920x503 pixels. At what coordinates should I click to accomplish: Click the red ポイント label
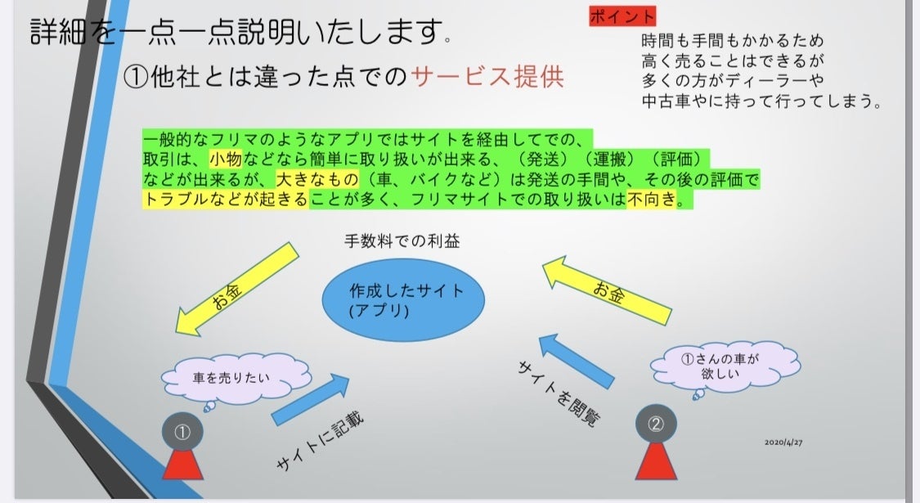pyautogui.click(x=622, y=16)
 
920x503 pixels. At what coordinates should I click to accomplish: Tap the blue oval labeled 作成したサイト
pyautogui.click(x=403, y=300)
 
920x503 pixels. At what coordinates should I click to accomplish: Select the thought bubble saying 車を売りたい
pyautogui.click(x=236, y=379)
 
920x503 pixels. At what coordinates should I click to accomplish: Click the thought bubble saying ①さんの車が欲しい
pyautogui.click(x=725, y=365)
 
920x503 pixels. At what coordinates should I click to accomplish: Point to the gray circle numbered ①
pyautogui.click(x=182, y=432)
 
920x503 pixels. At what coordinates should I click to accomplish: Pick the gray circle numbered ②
pyautogui.click(x=656, y=424)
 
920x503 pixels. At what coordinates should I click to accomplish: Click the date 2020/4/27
pyautogui.click(x=783, y=442)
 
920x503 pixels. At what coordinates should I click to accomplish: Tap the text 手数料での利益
pyautogui.click(x=402, y=240)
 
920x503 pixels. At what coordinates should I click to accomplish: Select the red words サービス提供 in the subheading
pyautogui.click(x=487, y=77)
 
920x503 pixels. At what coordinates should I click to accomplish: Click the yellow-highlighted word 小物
pyautogui.click(x=226, y=159)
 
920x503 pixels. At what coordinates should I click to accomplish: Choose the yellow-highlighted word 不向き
pyautogui.click(x=652, y=199)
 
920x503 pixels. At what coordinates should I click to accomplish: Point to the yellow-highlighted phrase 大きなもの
pyautogui.click(x=316, y=179)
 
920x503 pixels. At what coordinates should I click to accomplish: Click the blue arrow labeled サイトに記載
pyautogui.click(x=311, y=399)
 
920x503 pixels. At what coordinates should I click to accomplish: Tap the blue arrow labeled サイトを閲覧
pyautogui.click(x=577, y=361)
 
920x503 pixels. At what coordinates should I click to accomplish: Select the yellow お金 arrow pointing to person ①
pyautogui.click(x=237, y=290)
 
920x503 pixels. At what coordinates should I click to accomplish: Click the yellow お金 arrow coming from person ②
pyautogui.click(x=607, y=290)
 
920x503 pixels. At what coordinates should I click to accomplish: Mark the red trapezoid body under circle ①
pyautogui.click(x=182, y=463)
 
